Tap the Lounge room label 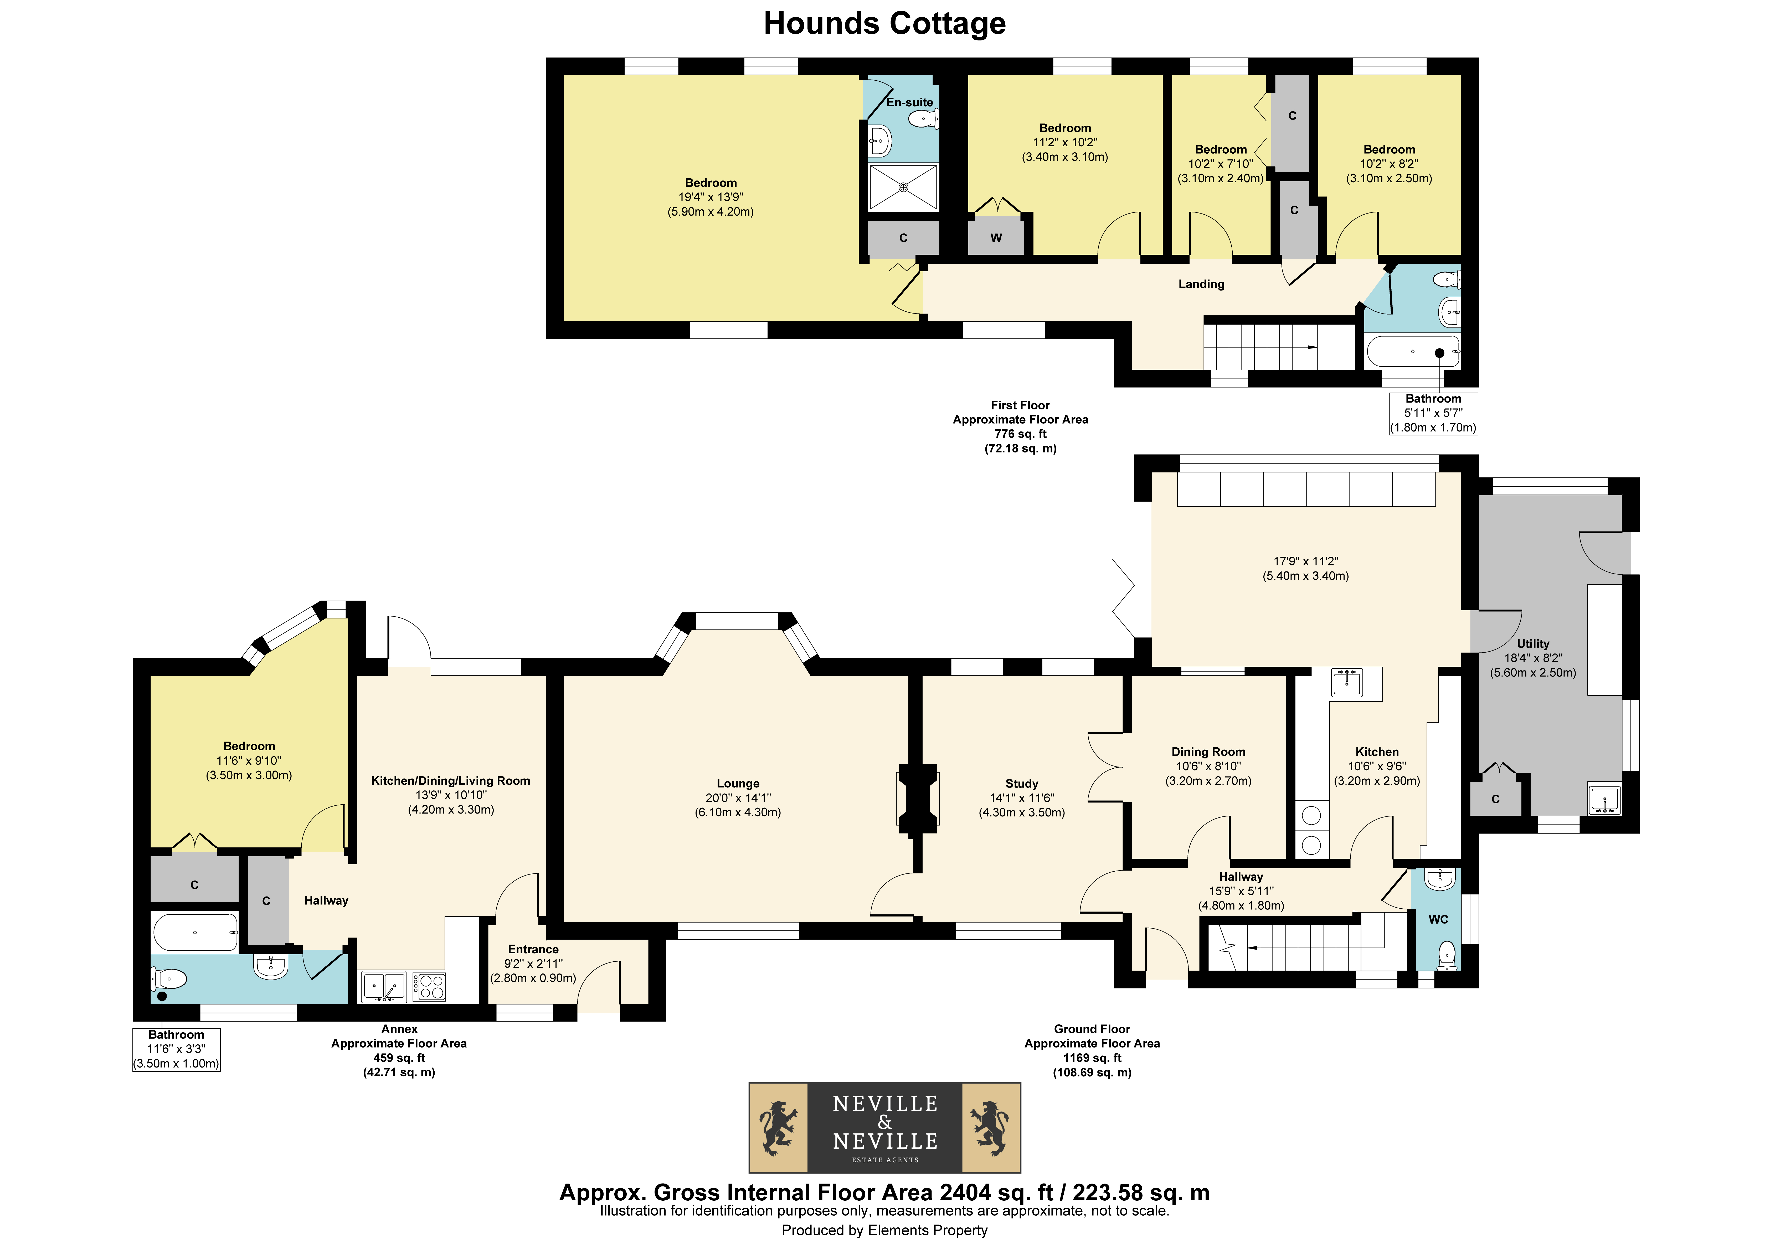coord(738,783)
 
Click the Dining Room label coord(1208,751)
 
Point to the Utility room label coord(1532,643)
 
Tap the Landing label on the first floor coord(1201,284)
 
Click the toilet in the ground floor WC coord(1447,955)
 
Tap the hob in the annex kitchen coord(429,986)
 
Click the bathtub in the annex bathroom coord(195,933)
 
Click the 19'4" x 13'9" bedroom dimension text coord(711,197)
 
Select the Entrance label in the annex coord(533,949)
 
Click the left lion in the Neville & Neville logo coord(779,1127)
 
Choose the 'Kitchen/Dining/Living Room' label coord(451,781)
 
